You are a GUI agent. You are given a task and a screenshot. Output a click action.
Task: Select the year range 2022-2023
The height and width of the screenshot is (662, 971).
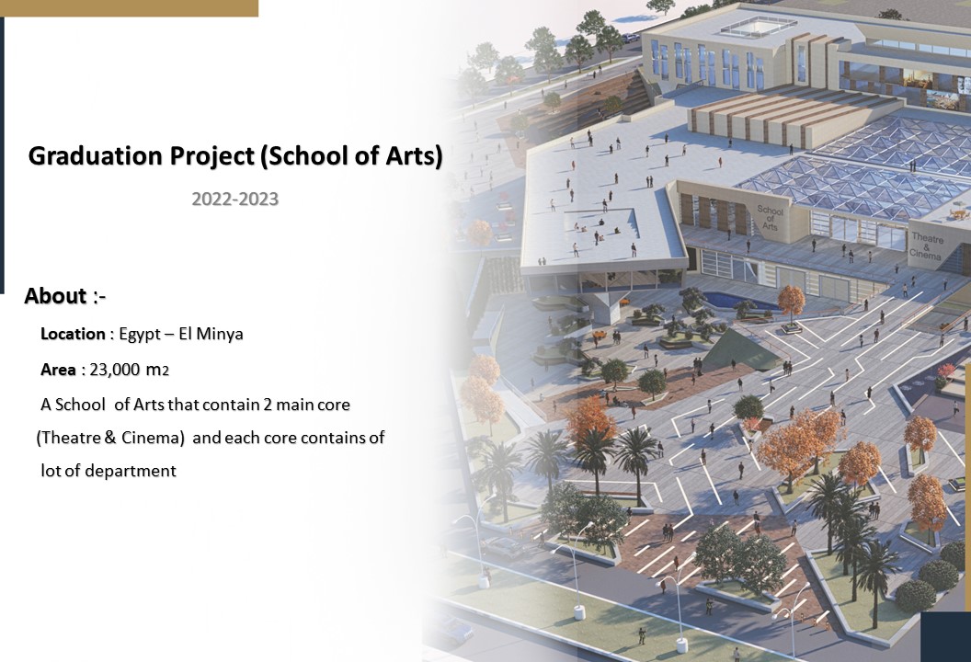(234, 199)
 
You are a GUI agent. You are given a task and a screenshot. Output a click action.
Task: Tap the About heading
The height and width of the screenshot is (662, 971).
(55, 296)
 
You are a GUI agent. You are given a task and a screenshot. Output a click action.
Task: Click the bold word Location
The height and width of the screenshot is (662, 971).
(73, 334)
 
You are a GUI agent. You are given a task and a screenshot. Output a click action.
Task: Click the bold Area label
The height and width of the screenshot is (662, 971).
(58, 370)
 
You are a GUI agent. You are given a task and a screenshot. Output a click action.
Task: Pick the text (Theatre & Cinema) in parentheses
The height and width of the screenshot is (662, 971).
(110, 438)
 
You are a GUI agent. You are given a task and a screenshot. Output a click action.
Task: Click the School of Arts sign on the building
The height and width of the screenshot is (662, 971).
(771, 217)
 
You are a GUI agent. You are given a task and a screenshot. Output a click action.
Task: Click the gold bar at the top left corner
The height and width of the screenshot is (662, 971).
(129, 7)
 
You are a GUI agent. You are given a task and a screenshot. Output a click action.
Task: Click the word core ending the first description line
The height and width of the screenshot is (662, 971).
(333, 405)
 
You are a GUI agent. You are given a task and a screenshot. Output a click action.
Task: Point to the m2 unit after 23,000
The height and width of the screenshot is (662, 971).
(157, 370)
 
